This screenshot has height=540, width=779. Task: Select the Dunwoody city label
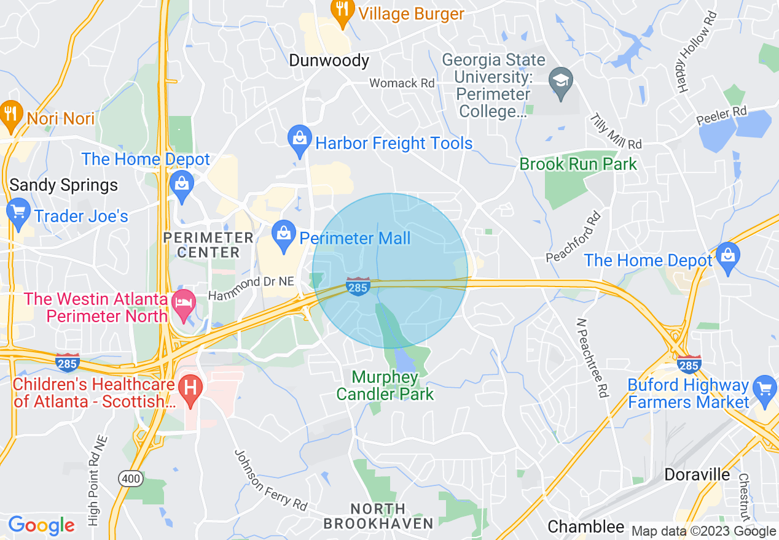pyautogui.click(x=329, y=61)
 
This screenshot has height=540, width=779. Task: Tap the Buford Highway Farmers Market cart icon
pyautogui.click(x=765, y=389)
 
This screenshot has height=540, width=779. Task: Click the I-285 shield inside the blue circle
pyautogui.click(x=358, y=286)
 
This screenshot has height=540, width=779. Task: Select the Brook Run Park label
pyautogui.click(x=578, y=164)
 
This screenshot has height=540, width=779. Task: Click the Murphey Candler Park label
pyautogui.click(x=385, y=385)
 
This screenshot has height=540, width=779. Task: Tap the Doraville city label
pyautogui.click(x=697, y=474)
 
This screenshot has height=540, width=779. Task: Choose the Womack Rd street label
pyautogui.click(x=402, y=83)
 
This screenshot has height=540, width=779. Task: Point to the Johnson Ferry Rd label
pyautogui.click(x=270, y=480)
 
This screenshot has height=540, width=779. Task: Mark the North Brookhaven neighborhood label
pyautogui.click(x=378, y=516)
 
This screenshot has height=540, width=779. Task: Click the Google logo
pyautogui.click(x=41, y=525)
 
